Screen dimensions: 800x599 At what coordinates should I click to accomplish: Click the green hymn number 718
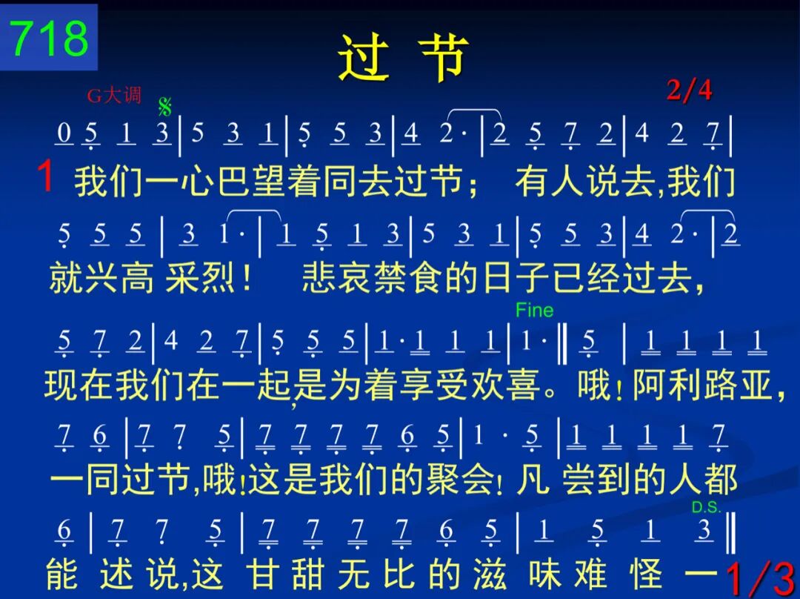point(49,38)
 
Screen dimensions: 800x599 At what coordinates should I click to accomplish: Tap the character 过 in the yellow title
point(364,57)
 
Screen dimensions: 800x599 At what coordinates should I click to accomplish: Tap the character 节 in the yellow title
point(443,57)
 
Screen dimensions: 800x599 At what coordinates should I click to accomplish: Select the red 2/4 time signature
point(689,90)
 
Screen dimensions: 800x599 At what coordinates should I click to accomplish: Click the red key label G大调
point(114,95)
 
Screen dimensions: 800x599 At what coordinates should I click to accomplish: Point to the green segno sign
point(164,107)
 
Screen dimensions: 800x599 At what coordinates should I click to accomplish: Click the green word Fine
point(534,310)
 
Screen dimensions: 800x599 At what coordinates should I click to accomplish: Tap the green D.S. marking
point(706,507)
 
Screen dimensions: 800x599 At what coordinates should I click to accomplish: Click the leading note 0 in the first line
point(64,133)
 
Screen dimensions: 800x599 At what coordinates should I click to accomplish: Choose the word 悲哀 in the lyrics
point(337,278)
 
